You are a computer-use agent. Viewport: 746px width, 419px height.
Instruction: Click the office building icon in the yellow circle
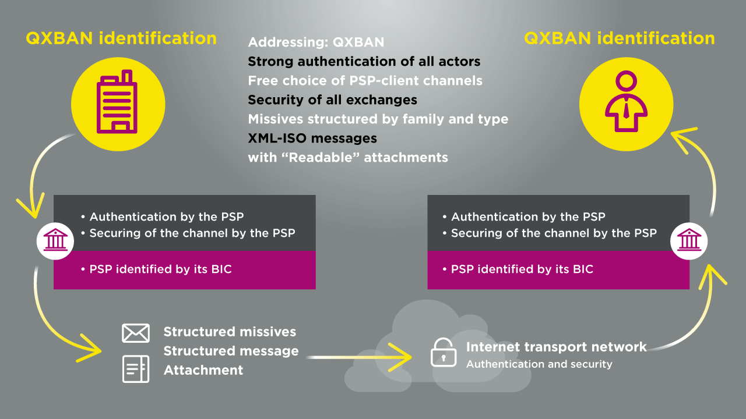tap(117, 101)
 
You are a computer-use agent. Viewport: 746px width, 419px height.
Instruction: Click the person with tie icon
tap(626, 101)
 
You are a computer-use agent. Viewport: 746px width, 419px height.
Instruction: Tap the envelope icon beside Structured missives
tap(136, 333)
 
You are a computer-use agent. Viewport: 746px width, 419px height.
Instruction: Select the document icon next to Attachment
tap(136, 369)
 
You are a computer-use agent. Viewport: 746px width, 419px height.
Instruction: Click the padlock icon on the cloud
tap(444, 352)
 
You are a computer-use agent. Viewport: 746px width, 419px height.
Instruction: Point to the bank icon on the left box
tap(55, 240)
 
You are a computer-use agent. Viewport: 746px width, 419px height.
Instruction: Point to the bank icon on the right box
tap(689, 240)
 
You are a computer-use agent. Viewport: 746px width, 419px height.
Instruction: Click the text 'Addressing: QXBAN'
tap(316, 42)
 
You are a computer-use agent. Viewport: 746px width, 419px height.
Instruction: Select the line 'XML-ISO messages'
tap(312, 138)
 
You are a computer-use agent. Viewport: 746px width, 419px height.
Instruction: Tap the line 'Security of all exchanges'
tap(332, 100)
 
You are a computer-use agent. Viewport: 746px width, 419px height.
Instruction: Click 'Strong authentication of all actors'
tap(364, 62)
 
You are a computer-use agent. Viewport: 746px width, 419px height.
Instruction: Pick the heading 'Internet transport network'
tap(556, 347)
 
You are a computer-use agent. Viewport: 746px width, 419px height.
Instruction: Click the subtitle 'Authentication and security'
tap(539, 364)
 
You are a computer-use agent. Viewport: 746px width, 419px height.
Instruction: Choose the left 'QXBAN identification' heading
tap(121, 38)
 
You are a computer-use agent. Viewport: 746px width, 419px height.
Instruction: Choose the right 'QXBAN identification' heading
tap(620, 38)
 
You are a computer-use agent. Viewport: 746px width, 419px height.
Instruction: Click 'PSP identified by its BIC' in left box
tap(160, 269)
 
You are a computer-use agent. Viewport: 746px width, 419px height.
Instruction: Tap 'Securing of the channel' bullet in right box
tap(550, 233)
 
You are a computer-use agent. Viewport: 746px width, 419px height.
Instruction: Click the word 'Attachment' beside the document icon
tap(203, 370)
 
